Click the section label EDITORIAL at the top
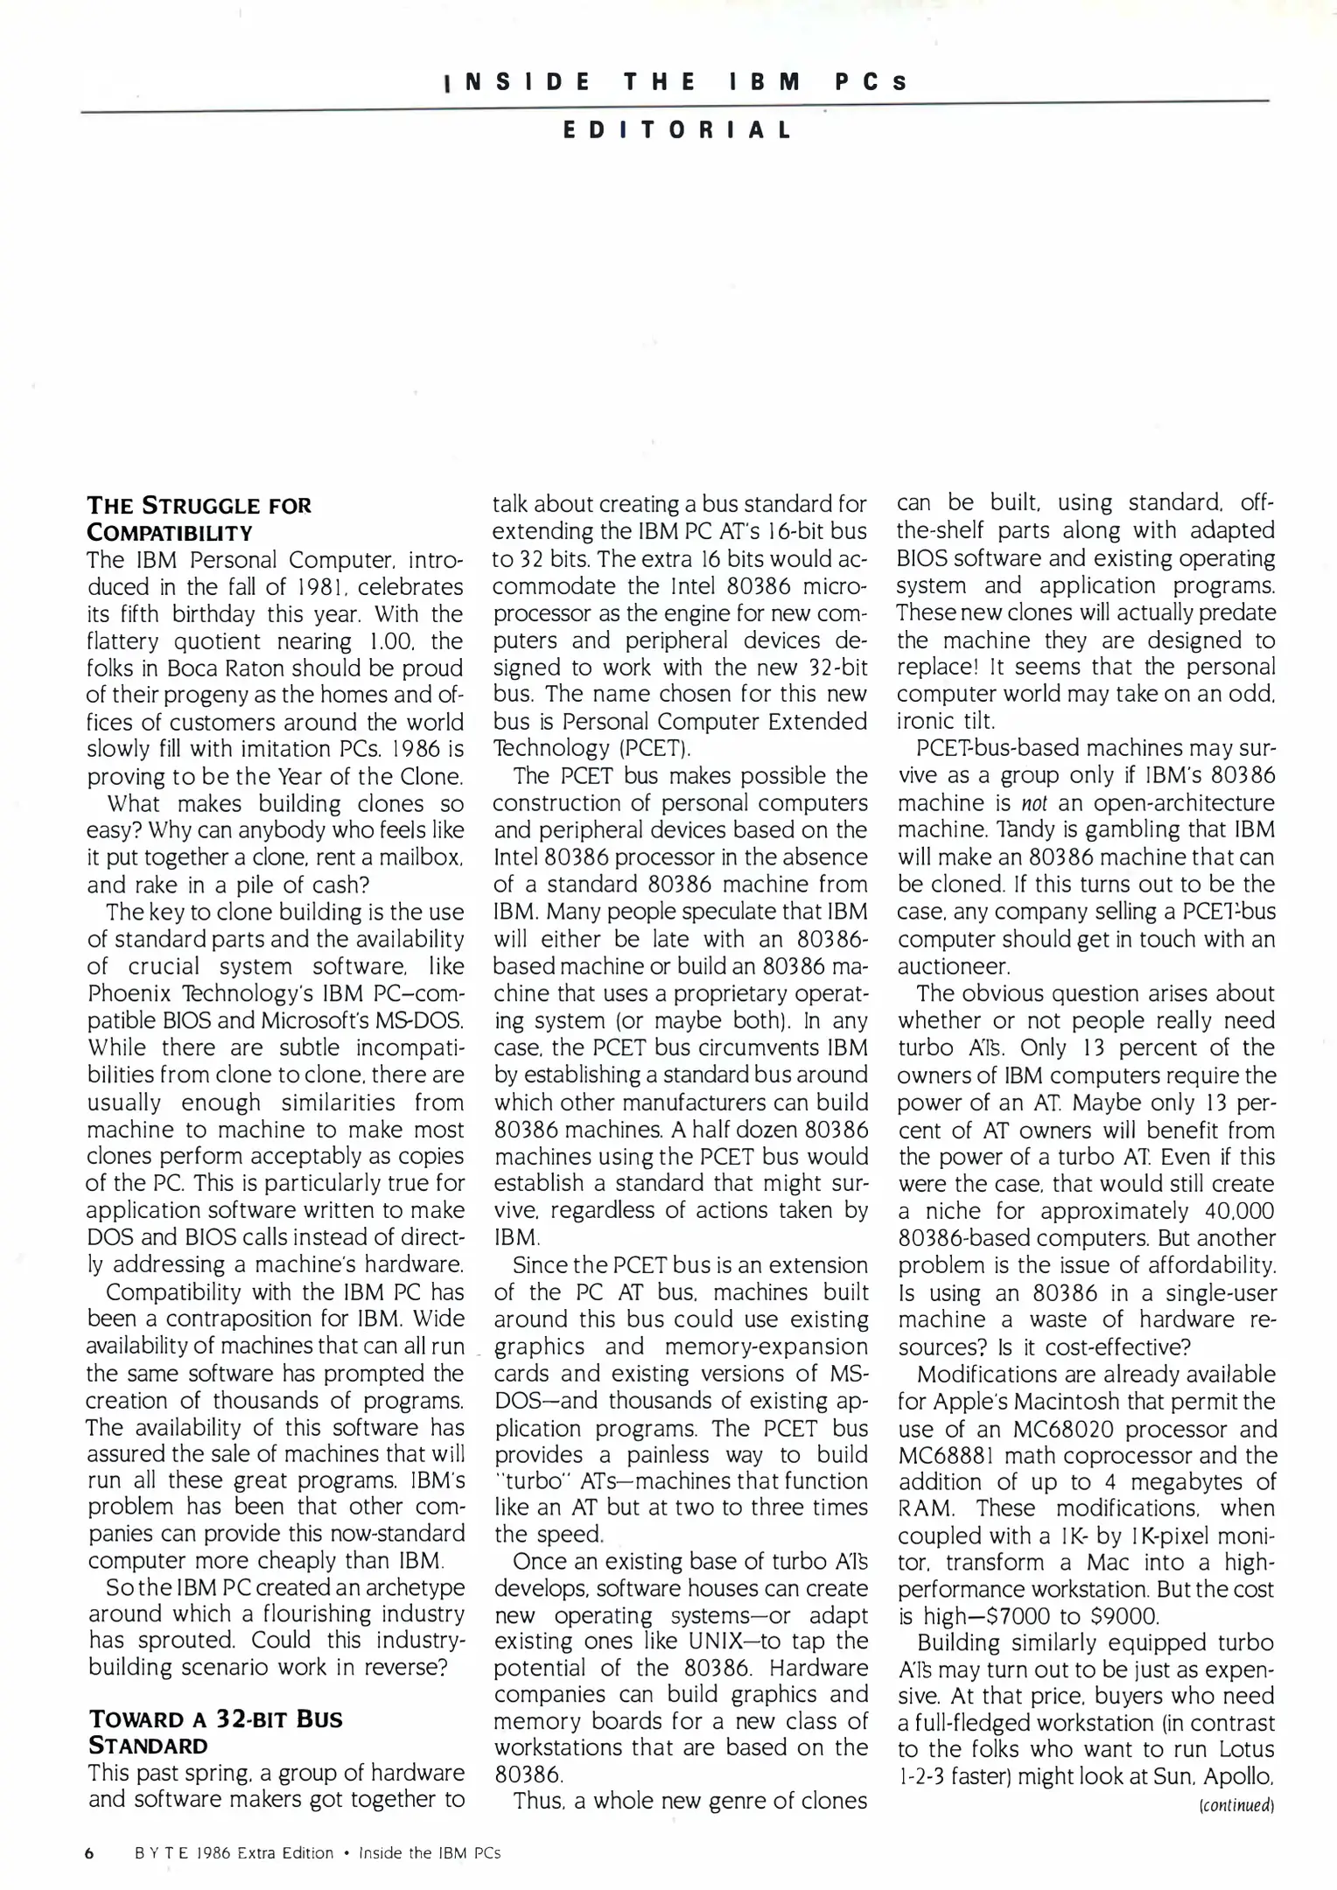pyautogui.click(x=677, y=131)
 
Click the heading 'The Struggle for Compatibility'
pyautogui.click(x=199, y=518)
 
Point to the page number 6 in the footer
pyautogui.click(x=89, y=1852)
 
